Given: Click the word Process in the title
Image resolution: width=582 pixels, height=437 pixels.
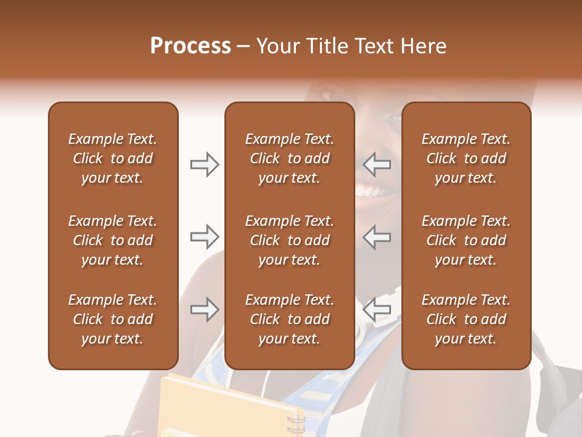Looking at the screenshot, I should (x=190, y=46).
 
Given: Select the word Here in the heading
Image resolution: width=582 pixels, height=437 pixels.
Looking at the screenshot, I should (x=424, y=46).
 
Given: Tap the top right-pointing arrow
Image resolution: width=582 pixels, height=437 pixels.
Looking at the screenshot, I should (x=204, y=164).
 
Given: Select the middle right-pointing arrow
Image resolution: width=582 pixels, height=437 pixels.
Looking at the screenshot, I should (x=204, y=237).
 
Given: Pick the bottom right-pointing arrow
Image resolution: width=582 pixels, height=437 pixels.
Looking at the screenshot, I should (x=204, y=310).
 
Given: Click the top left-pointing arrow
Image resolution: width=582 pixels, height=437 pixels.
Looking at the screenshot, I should (x=377, y=164).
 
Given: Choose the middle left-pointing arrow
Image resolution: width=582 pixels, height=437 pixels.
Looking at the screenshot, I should (x=377, y=237).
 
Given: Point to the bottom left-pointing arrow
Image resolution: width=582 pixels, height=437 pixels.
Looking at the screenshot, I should (x=377, y=310).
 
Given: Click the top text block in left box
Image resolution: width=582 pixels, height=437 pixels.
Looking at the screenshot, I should (x=113, y=158).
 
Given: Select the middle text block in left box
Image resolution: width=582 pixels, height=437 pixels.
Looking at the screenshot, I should (x=113, y=240).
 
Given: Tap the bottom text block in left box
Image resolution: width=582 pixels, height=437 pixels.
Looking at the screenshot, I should (x=113, y=319).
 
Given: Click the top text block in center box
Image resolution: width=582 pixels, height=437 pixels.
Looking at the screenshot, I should (x=289, y=158).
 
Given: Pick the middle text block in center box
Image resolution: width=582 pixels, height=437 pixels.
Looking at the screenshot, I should (x=289, y=240).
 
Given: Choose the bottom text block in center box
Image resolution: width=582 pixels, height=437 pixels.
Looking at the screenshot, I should (x=289, y=319).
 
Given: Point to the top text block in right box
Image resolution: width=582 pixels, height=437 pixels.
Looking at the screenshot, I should (x=466, y=158).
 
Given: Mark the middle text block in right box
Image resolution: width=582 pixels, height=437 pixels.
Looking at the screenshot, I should (x=466, y=240).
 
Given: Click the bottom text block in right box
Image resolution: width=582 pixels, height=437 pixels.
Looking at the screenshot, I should (x=466, y=319).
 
